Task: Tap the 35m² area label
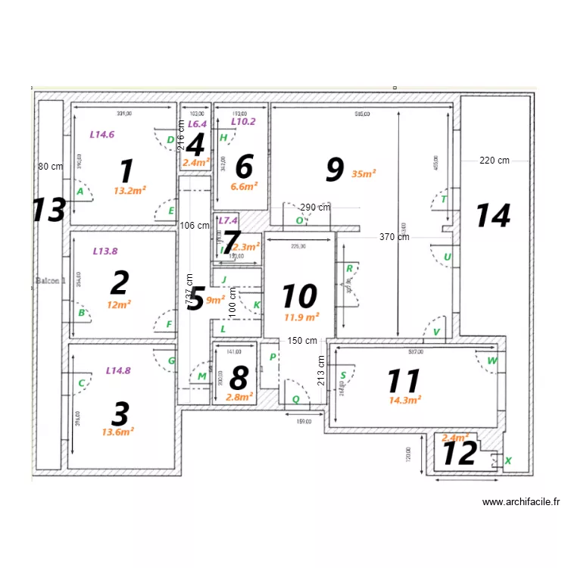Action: tap(364, 173)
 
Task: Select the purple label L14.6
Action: tap(102, 134)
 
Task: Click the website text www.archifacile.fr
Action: tap(520, 501)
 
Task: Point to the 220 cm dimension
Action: tap(494, 160)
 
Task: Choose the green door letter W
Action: tap(492, 360)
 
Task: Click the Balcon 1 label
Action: tap(50, 280)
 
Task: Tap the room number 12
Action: tap(459, 453)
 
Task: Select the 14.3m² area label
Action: tap(405, 400)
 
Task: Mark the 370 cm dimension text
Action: tap(395, 237)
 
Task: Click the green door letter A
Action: tap(80, 192)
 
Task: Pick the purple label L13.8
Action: tap(105, 250)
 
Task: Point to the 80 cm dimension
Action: tap(51, 166)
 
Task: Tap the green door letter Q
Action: tap(295, 399)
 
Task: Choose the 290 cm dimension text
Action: tap(315, 207)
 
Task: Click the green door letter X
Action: tap(507, 460)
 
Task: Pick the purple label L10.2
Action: tap(243, 121)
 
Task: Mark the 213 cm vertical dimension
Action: tap(320, 371)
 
